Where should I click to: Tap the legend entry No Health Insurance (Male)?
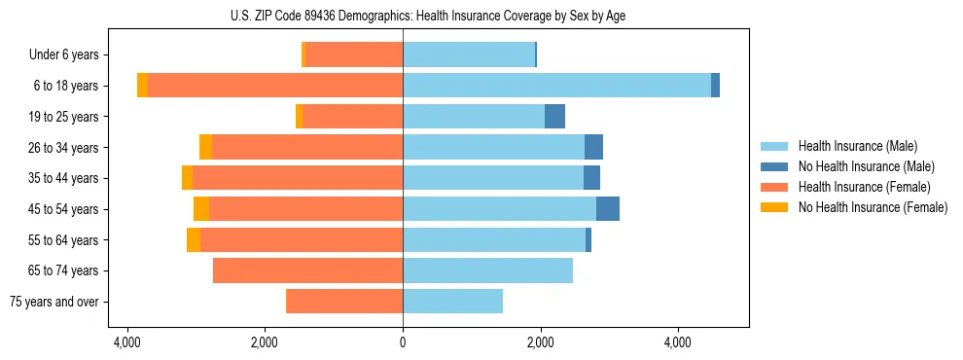866,166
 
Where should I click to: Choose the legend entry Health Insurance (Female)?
864,187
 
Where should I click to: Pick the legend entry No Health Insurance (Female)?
873,207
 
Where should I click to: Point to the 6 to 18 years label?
66,86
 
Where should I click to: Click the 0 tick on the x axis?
403,342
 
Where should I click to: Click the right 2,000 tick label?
540,342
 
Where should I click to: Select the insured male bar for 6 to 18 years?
556,86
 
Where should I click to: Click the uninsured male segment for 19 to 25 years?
554,117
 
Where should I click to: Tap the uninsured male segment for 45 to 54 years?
608,209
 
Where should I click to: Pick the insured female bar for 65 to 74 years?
307,270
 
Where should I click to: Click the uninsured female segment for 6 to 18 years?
143,86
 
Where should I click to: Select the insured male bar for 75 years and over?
452,302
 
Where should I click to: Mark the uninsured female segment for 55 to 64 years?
194,240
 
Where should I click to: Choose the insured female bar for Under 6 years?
354,55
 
